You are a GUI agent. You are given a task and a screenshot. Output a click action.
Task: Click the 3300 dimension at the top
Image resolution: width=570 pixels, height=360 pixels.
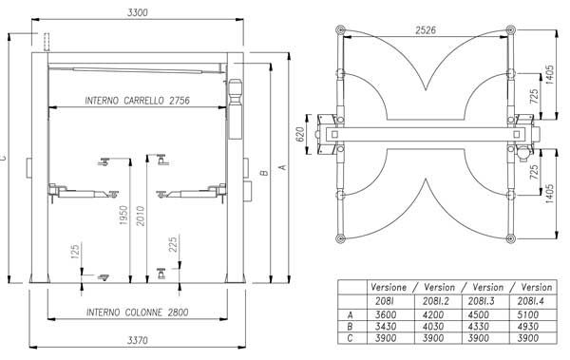tap(138, 12)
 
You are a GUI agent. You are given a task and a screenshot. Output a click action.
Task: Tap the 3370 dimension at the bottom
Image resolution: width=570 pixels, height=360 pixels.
tap(138, 340)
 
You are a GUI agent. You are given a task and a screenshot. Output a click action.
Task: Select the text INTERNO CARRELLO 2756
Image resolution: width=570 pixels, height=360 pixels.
tap(138, 101)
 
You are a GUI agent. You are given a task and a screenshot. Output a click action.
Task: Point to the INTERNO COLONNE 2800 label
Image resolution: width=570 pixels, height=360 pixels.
tap(138, 312)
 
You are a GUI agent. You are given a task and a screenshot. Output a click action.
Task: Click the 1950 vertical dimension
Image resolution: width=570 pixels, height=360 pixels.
tap(123, 216)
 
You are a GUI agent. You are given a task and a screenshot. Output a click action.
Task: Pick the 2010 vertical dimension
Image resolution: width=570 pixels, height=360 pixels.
tap(141, 216)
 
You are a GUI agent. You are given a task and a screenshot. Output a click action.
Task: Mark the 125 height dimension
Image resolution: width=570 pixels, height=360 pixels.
tap(75, 252)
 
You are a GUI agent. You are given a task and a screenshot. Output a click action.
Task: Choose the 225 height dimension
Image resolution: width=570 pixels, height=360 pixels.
tap(173, 244)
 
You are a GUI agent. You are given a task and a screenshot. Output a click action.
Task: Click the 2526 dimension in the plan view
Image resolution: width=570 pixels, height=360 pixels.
tap(426, 30)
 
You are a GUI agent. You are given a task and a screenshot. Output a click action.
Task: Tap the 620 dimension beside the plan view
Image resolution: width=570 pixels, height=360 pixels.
tap(300, 134)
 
